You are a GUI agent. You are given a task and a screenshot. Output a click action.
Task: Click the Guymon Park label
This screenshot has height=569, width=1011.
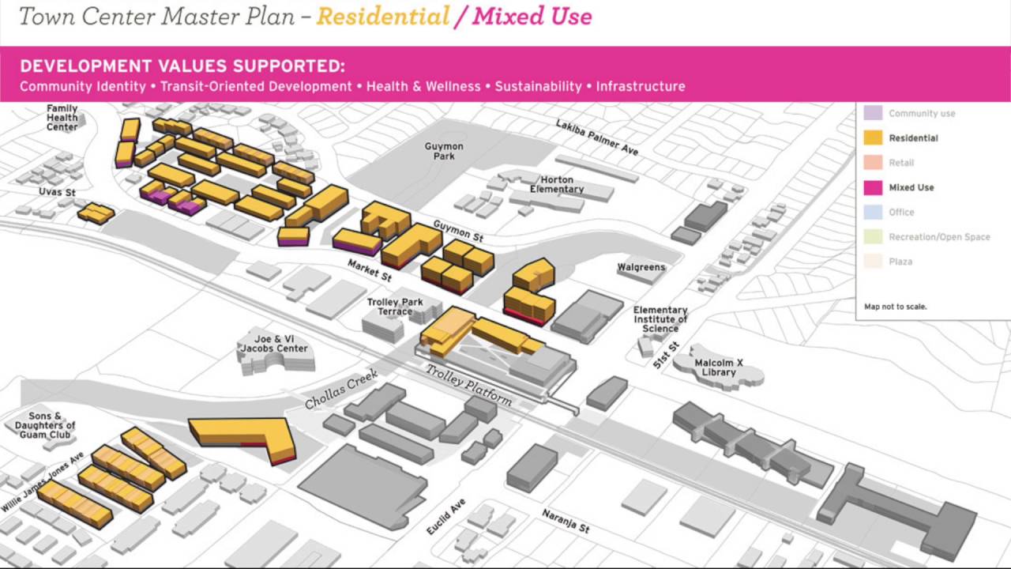444,152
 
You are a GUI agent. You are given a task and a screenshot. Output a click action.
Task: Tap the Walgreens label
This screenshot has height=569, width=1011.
641,268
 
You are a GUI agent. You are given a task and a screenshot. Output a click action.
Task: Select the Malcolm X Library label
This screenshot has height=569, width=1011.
719,368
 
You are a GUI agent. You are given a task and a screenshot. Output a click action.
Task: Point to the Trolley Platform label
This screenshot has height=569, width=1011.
469,386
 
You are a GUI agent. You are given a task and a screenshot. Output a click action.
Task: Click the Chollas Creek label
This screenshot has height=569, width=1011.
341,390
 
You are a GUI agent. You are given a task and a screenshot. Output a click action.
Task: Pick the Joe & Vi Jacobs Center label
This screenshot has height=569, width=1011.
274,343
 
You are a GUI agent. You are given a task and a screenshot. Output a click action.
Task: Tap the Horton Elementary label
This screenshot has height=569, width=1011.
557,185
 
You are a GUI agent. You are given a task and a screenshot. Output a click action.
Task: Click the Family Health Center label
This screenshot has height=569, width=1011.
62,118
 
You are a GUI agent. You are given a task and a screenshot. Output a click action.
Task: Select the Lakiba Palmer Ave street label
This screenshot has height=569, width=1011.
596,138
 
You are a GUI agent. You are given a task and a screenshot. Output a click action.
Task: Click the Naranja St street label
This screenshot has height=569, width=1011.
566,521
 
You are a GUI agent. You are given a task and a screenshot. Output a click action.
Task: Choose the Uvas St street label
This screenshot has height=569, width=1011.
57,192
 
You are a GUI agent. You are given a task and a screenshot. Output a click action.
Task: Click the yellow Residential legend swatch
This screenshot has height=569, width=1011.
873,138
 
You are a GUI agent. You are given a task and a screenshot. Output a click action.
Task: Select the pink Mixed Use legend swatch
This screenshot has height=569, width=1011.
873,187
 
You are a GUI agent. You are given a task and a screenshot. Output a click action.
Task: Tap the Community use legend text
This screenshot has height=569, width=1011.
922,114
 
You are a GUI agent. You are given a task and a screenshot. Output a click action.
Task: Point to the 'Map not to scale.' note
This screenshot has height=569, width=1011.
896,307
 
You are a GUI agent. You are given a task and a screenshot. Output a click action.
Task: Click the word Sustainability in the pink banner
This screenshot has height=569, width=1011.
538,87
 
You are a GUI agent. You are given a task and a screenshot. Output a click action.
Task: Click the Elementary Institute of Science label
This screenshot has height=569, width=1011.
660,319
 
